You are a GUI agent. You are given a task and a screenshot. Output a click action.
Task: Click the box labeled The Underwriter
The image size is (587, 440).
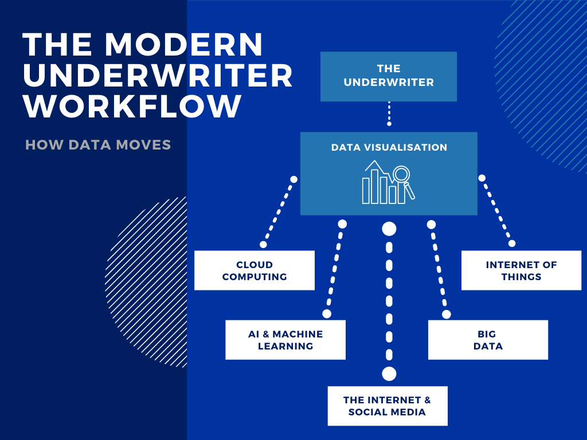389,76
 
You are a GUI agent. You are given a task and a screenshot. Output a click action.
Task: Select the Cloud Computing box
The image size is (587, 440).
255,270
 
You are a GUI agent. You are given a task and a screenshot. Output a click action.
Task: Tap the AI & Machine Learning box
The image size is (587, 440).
285,340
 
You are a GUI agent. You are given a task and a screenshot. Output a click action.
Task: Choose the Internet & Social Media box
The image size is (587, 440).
388,406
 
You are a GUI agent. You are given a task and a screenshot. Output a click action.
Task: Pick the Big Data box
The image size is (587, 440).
488,340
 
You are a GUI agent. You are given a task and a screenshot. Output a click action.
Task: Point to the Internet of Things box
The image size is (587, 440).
521,270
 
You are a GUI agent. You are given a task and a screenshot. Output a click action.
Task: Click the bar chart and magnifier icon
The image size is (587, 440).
388,183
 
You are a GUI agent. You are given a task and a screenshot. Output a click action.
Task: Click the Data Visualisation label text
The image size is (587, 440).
389,147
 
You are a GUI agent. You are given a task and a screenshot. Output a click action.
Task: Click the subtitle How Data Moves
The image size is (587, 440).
98,144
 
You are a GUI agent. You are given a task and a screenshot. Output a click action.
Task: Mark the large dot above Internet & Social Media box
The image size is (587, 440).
389,374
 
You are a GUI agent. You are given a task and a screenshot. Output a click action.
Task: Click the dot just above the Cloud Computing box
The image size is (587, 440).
263,245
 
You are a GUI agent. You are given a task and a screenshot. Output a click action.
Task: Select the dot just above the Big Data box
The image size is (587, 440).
447,314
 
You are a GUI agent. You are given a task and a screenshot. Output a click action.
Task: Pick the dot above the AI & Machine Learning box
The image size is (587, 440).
327,313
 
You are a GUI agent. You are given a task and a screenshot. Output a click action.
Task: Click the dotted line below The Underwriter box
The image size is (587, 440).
389,113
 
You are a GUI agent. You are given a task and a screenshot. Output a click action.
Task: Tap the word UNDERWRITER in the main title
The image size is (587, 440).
158,76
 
